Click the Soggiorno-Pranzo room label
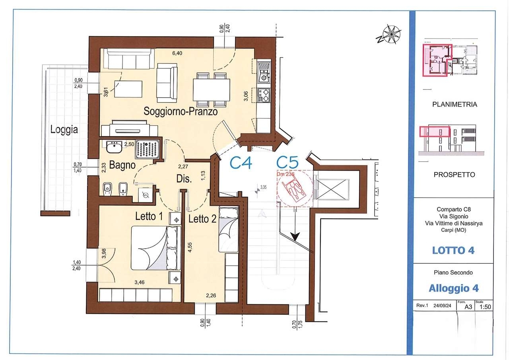point(181,111)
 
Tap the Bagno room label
point(122,165)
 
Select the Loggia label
point(64,130)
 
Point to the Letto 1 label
point(149,216)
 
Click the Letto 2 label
point(202,219)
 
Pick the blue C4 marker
point(241,163)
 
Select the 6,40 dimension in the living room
point(177,53)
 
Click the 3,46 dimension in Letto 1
point(140,282)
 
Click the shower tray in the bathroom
point(148,150)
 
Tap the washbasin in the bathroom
point(114,147)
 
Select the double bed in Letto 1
point(156,248)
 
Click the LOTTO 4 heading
point(453,251)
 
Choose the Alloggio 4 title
point(454,288)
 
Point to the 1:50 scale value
point(485,307)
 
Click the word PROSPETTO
point(454,175)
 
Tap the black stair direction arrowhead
point(295,237)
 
